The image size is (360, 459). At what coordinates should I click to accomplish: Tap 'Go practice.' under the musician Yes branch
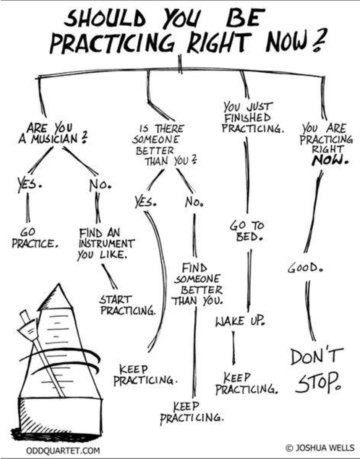34,238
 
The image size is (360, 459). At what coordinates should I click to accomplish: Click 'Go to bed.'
247,231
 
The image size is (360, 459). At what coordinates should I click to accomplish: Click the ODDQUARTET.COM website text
63,450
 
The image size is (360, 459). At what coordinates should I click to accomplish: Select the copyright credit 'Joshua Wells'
321,446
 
